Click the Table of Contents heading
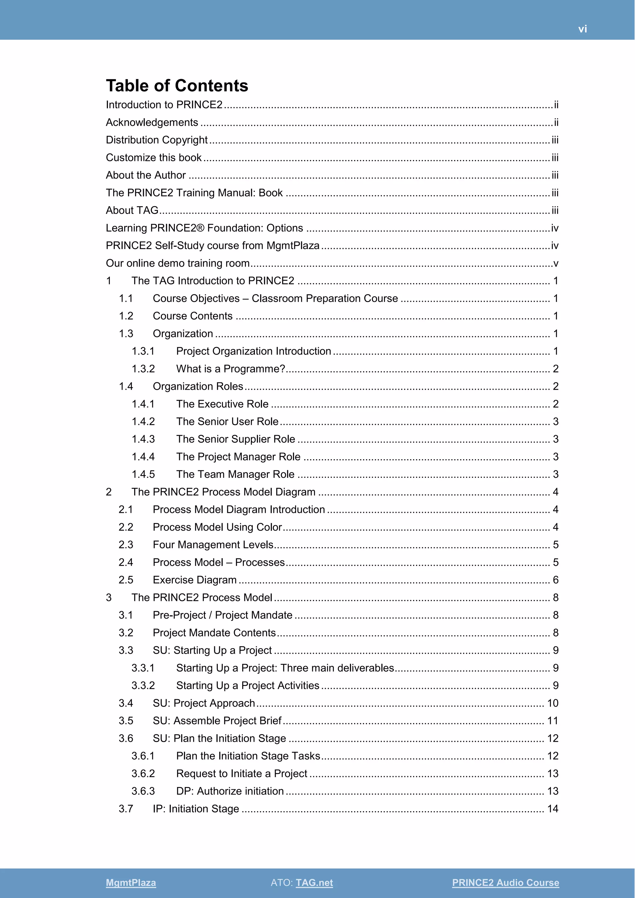(177, 86)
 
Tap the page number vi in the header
(582, 29)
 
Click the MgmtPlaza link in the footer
(131, 882)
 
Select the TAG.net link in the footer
(314, 882)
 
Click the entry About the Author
(146, 175)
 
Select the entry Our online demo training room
(178, 263)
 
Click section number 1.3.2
(143, 369)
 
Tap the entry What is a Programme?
(231, 369)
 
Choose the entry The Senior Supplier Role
(235, 439)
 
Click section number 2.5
(126, 580)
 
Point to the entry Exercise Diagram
(195, 580)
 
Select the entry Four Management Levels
(213, 545)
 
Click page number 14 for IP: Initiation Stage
(553, 809)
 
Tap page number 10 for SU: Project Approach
(553, 703)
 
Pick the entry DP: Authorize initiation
(230, 791)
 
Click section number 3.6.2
(143, 774)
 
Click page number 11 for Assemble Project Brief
(553, 721)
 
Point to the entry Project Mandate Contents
(214, 633)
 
